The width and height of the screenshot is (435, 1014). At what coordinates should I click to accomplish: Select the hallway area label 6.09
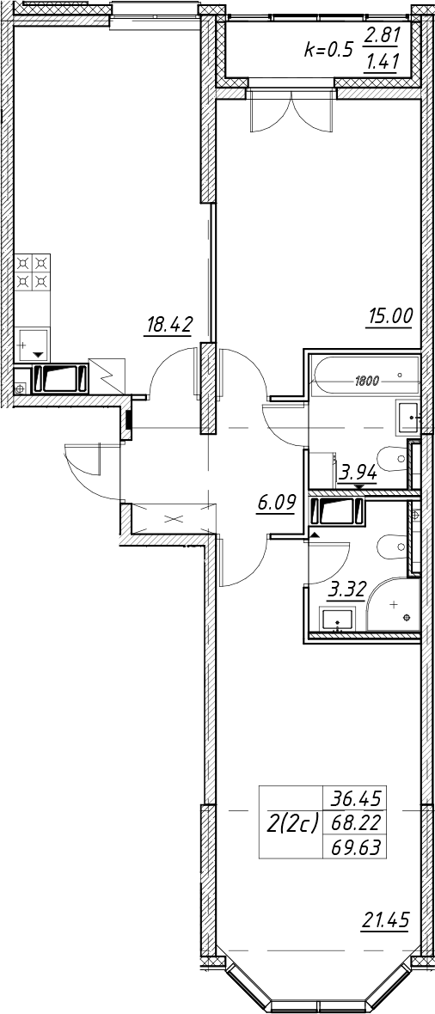pos(276,503)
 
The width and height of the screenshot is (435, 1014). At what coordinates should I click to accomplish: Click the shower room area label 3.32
pos(348,589)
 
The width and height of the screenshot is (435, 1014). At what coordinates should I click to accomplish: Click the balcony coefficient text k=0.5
pos(329,50)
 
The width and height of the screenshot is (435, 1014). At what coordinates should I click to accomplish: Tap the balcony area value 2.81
pos(381,35)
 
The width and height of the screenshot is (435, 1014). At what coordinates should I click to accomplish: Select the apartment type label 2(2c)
pos(292,823)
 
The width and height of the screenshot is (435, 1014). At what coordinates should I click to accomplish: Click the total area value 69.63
pos(354,846)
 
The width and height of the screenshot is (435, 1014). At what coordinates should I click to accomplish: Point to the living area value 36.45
pos(354,800)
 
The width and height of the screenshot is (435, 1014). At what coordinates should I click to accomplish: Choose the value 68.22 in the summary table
pos(354,822)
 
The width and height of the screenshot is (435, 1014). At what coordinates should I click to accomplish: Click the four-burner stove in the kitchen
pos(33,272)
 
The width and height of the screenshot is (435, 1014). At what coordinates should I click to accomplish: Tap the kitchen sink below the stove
pos(33,344)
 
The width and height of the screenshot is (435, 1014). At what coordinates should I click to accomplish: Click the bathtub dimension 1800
pos(366,381)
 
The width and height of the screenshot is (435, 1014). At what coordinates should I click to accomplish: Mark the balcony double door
pos(292,112)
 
